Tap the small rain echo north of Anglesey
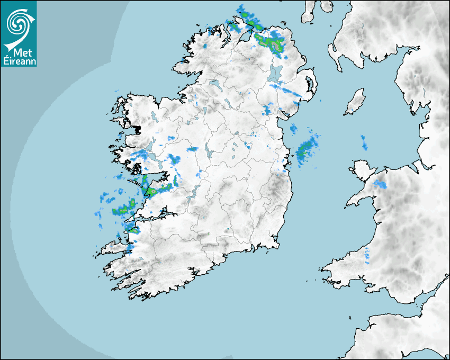364,142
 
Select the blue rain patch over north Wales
380,185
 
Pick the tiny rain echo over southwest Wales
367,256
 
